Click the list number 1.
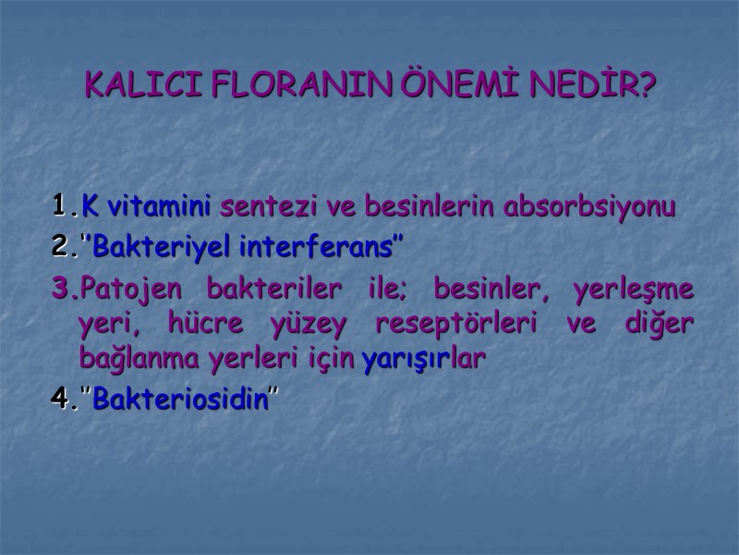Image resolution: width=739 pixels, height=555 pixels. click(62, 205)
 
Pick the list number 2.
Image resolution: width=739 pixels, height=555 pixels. click(62, 248)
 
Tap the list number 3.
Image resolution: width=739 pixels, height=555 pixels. click(62, 290)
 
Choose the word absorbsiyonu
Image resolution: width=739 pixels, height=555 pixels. click(590, 205)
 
